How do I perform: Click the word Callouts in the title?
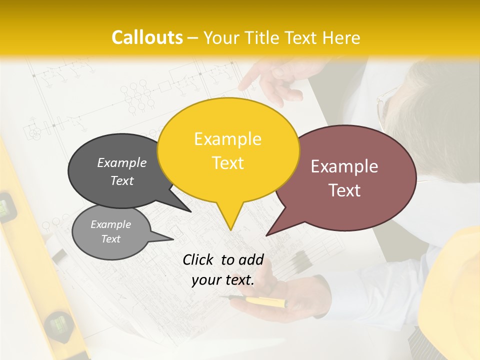[x=147, y=37]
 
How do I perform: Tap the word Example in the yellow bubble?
[x=227, y=139]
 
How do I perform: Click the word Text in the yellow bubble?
[x=228, y=163]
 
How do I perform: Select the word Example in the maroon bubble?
[x=344, y=166]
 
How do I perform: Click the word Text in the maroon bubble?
[x=345, y=190]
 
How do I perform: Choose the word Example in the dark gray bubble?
[x=122, y=162]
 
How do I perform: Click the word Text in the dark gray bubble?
[x=122, y=180]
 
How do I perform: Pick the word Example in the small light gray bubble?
[x=110, y=224]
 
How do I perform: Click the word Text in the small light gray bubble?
[x=110, y=239]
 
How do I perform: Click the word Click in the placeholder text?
[x=199, y=259]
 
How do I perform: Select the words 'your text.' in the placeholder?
[x=223, y=280]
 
